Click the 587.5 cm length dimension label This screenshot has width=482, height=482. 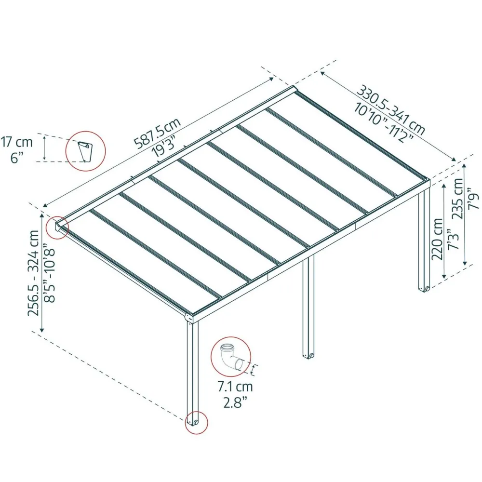tap(157, 133)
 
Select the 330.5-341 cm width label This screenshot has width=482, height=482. tap(391, 109)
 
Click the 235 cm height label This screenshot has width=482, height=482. tap(458, 199)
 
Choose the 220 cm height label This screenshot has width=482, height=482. tap(437, 239)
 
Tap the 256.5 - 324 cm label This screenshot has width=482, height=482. tap(34, 273)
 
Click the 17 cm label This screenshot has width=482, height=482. tap(16, 142)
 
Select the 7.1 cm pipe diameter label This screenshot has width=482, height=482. tap(235, 387)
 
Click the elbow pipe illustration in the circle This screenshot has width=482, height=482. tap(231, 356)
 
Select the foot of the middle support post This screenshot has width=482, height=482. tap(308, 356)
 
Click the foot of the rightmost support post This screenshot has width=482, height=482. tap(424, 289)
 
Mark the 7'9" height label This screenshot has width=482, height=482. tap(474, 201)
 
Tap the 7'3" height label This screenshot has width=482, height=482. tap(453, 239)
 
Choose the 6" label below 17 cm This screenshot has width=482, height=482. tap(17, 158)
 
